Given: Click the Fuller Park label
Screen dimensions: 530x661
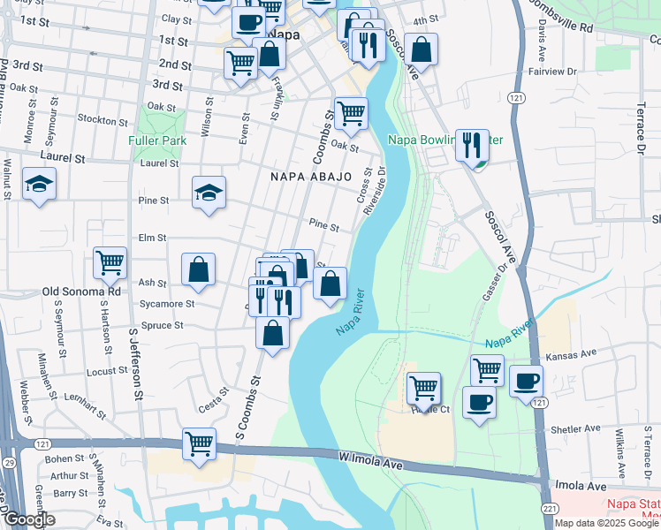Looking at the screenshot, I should click(x=156, y=140).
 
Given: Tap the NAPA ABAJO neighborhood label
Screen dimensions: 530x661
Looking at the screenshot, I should click(x=306, y=178).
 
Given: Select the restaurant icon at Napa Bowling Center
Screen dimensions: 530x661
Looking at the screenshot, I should click(x=472, y=143).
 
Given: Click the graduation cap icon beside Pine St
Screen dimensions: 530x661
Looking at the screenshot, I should click(x=209, y=192).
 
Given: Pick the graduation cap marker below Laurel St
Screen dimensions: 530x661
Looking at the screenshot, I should click(x=39, y=184).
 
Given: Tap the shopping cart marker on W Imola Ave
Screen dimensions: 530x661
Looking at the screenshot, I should click(x=200, y=443).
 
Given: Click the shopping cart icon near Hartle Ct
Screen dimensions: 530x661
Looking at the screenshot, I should click(x=423, y=386).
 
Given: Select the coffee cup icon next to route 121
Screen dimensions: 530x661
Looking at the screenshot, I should click(x=526, y=381).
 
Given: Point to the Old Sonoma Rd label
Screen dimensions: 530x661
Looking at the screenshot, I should click(x=80, y=291).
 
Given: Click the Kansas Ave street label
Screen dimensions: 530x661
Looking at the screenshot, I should click(x=571, y=354).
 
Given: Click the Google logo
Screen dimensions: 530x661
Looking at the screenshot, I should click(x=29, y=519).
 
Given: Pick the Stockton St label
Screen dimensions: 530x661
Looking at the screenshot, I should click(x=103, y=119).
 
